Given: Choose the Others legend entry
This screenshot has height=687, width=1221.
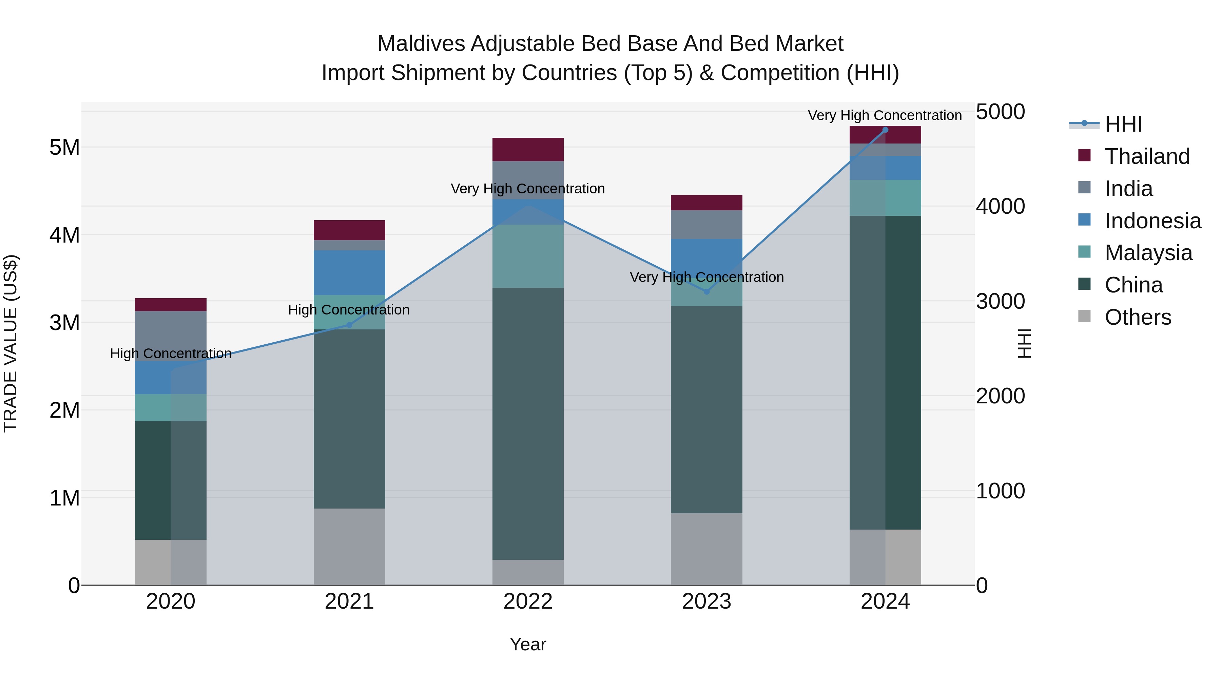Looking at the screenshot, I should coord(1137,317).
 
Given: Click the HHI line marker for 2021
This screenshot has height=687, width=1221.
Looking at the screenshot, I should coord(349,325).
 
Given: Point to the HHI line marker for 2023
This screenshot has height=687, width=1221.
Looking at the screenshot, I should coord(706,291).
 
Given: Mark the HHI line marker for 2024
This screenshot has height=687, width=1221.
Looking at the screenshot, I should coord(885,130).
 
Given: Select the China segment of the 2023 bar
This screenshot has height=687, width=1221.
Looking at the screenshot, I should coord(706,409).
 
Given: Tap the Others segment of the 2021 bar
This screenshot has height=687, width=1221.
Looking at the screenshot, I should coord(349,546).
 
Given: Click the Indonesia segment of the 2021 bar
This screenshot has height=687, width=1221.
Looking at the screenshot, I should coord(349,273).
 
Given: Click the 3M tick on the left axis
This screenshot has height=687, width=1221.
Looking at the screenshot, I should coord(64,322).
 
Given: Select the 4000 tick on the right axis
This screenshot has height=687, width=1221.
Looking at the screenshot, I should coord(1000,206).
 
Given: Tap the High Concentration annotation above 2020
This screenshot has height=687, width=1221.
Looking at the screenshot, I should coord(171,354).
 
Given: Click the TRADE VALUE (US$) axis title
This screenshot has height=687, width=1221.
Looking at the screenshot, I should coord(11,343).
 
